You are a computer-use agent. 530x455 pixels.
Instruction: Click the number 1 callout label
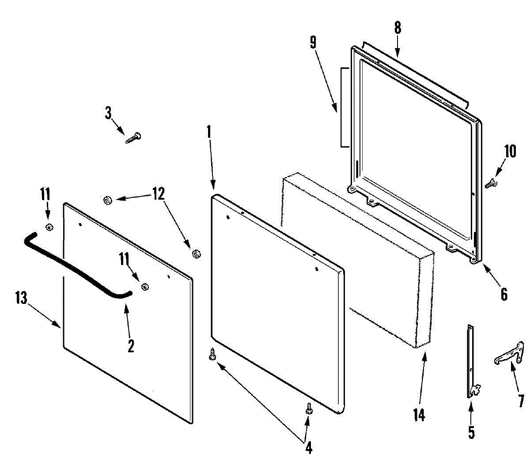point(209,132)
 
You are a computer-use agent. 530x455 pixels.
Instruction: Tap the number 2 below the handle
point(131,345)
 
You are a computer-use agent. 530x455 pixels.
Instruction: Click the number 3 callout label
point(108,113)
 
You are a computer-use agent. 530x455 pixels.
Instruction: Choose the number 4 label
point(309,447)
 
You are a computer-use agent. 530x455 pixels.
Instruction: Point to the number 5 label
point(471,432)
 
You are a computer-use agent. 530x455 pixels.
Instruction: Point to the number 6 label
point(504,294)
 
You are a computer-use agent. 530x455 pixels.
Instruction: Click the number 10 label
point(510,152)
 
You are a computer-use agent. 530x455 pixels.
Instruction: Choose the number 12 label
point(158,193)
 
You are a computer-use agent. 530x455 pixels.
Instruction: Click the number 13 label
point(21,298)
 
